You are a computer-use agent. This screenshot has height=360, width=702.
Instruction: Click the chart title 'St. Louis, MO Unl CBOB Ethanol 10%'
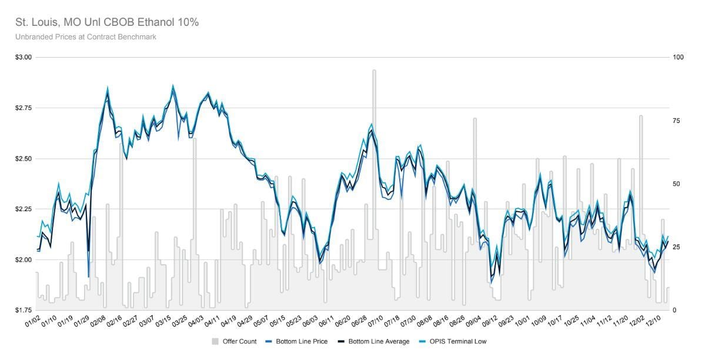coord(107,22)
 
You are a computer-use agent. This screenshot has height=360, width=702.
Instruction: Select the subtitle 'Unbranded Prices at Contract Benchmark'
coord(86,37)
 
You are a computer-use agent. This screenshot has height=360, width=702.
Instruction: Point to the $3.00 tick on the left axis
coord(23,58)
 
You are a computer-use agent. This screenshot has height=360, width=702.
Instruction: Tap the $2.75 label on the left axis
coord(23,108)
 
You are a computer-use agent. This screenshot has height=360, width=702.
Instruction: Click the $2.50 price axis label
coord(23,159)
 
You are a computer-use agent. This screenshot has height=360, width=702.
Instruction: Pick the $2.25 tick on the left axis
coord(23,209)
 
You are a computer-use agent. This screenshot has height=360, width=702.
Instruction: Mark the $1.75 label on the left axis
coord(23,310)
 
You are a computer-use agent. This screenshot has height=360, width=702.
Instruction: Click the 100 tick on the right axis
coord(678,58)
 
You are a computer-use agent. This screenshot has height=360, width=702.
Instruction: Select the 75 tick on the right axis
coord(677,121)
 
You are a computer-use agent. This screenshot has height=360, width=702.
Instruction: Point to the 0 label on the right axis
coord(675,310)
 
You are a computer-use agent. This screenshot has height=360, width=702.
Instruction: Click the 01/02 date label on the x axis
coord(32,322)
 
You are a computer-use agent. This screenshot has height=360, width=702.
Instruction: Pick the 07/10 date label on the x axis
coord(375,322)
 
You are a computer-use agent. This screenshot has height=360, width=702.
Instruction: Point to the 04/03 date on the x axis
coord(197,322)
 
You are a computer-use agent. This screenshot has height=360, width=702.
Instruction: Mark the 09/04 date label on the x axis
coord(474,322)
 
